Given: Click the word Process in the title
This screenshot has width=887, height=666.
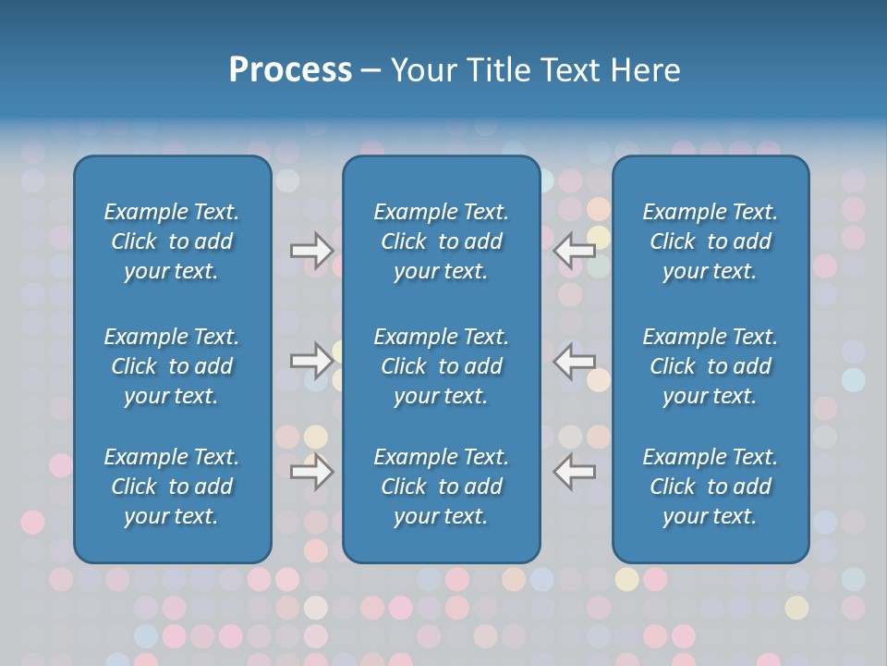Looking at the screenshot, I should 290,70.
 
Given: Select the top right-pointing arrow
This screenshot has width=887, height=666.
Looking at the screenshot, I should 311,250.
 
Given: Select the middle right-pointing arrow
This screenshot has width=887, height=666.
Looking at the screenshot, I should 311,360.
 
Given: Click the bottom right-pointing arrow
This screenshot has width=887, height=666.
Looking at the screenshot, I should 311,472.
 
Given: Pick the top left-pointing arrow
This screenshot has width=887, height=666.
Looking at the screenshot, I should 575,250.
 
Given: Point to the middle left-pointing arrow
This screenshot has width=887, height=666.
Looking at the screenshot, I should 575,360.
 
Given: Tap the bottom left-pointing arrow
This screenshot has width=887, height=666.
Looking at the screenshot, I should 575,472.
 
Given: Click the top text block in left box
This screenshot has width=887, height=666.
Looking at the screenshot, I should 172,241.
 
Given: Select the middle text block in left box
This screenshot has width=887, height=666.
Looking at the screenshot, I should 172,366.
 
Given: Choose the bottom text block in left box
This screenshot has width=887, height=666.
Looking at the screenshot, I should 172,487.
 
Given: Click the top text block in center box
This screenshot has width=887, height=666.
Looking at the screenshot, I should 441,241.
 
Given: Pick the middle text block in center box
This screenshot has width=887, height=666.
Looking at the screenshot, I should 441,366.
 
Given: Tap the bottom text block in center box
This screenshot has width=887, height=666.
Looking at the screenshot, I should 441,487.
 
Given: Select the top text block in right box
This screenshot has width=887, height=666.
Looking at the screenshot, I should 710,241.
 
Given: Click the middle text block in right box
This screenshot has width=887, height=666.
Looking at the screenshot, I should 710,366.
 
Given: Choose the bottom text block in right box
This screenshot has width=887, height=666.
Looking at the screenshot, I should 710,487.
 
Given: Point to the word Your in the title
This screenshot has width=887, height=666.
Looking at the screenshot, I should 422,70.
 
